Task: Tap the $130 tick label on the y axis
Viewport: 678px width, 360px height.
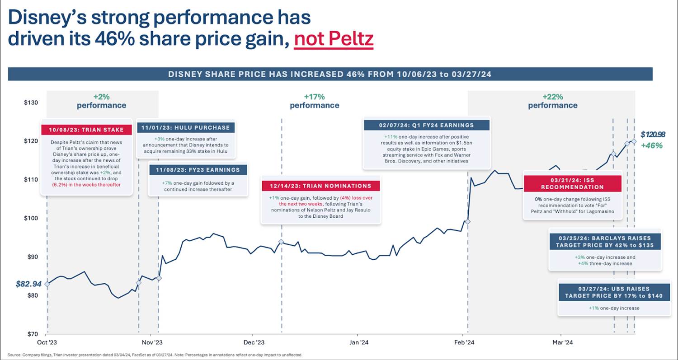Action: click(x=31, y=103)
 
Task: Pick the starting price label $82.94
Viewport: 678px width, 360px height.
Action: click(x=28, y=284)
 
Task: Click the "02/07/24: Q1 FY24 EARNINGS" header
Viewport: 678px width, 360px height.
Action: click(x=427, y=125)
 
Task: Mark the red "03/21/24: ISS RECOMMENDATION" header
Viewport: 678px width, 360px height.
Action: click(x=572, y=183)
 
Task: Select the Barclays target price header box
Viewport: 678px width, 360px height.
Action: click(x=605, y=242)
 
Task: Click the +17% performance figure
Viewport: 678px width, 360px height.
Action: click(x=315, y=97)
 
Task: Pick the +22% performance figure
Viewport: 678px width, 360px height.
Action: click(x=552, y=97)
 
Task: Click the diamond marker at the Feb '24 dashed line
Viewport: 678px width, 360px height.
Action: click(x=468, y=222)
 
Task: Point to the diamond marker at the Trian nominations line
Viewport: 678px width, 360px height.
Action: click(x=281, y=242)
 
